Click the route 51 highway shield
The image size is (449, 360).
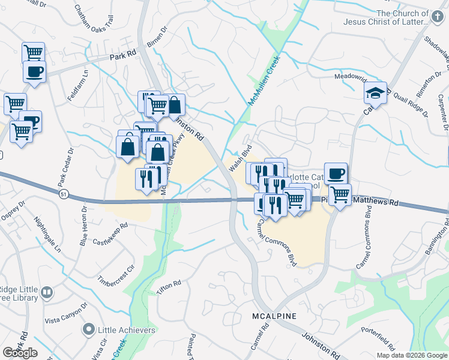pyautogui.click(x=64, y=194)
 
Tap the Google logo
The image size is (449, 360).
pyautogui.click(x=20, y=353)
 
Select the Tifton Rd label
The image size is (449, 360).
pyautogui.click(x=169, y=287)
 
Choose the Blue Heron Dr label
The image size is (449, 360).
pyautogui.click(x=83, y=227)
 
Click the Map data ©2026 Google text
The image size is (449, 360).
pyautogui.click(x=411, y=355)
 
